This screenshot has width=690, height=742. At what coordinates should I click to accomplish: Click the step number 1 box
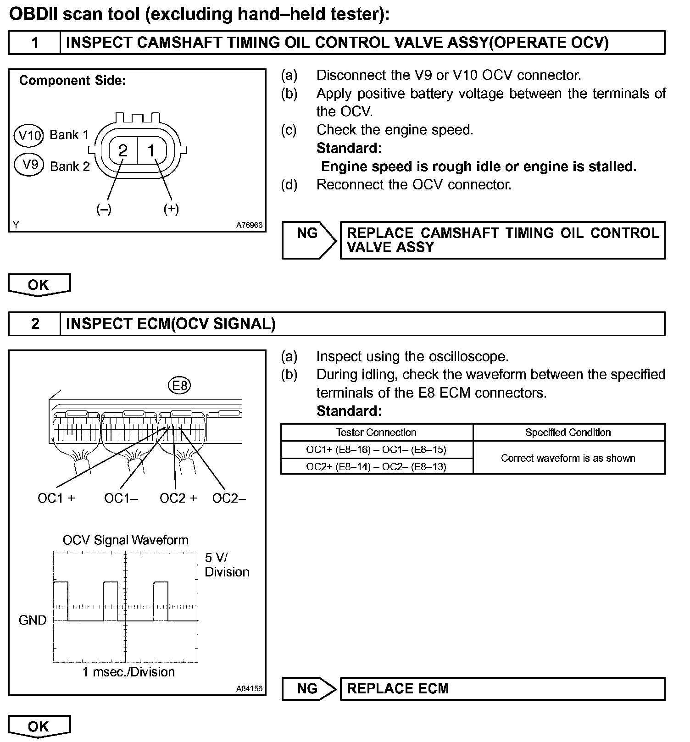[x=34, y=43]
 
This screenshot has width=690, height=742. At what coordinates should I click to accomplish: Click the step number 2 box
[x=34, y=324]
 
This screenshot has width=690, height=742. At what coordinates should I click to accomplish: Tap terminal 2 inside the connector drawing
[x=123, y=150]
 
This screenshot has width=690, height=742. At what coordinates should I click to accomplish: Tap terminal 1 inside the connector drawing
[x=151, y=150]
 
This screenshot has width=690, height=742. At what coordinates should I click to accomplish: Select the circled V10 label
[x=29, y=135]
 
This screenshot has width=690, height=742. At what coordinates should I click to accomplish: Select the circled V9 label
[x=29, y=165]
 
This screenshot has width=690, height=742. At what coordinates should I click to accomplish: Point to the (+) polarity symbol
[x=171, y=209]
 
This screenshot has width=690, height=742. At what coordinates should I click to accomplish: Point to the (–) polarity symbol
[x=104, y=209]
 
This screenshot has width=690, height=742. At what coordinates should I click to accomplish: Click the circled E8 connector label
[x=179, y=386]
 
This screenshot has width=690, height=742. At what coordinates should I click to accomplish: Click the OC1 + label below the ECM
[x=56, y=498]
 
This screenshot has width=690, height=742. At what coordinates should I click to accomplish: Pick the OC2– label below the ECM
[x=229, y=498]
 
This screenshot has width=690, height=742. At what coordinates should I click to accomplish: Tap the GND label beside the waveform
[x=33, y=620]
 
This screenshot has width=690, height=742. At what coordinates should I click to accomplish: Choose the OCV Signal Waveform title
[x=125, y=540]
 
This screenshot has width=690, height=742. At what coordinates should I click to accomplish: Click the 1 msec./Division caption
[x=128, y=672]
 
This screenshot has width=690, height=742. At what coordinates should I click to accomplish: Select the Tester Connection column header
[x=376, y=432]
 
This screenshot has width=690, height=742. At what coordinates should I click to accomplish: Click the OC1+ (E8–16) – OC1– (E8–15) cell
[x=376, y=449]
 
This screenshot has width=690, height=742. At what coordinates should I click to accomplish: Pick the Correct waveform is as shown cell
[x=568, y=458]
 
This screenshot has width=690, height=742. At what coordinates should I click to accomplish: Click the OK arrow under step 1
[x=39, y=285]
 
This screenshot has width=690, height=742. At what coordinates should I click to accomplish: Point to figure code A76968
[x=249, y=225]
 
